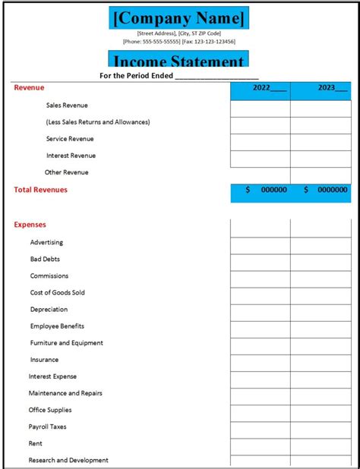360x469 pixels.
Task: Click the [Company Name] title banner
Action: (179, 17)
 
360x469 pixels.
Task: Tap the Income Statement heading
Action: (179, 61)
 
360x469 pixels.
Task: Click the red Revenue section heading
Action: (29, 88)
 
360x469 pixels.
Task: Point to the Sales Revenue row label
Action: (67, 105)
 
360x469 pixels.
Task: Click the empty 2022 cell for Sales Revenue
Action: (260, 107)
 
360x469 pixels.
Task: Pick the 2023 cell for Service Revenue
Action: (321, 140)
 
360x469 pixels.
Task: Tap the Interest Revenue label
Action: (71, 156)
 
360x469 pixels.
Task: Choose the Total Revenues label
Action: (40, 190)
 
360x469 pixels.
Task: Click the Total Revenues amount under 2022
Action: (260, 190)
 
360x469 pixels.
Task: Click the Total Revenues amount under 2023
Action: (321, 190)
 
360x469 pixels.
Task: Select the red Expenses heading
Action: (30, 225)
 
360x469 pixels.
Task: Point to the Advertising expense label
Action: (46, 242)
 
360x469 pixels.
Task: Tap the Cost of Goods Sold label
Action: (57, 292)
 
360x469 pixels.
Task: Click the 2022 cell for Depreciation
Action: (260, 310)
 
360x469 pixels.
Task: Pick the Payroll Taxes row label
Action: (47, 427)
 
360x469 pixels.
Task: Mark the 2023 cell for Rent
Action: (321, 444)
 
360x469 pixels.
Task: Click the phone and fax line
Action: (179, 42)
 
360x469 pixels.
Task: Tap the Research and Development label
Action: (68, 460)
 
